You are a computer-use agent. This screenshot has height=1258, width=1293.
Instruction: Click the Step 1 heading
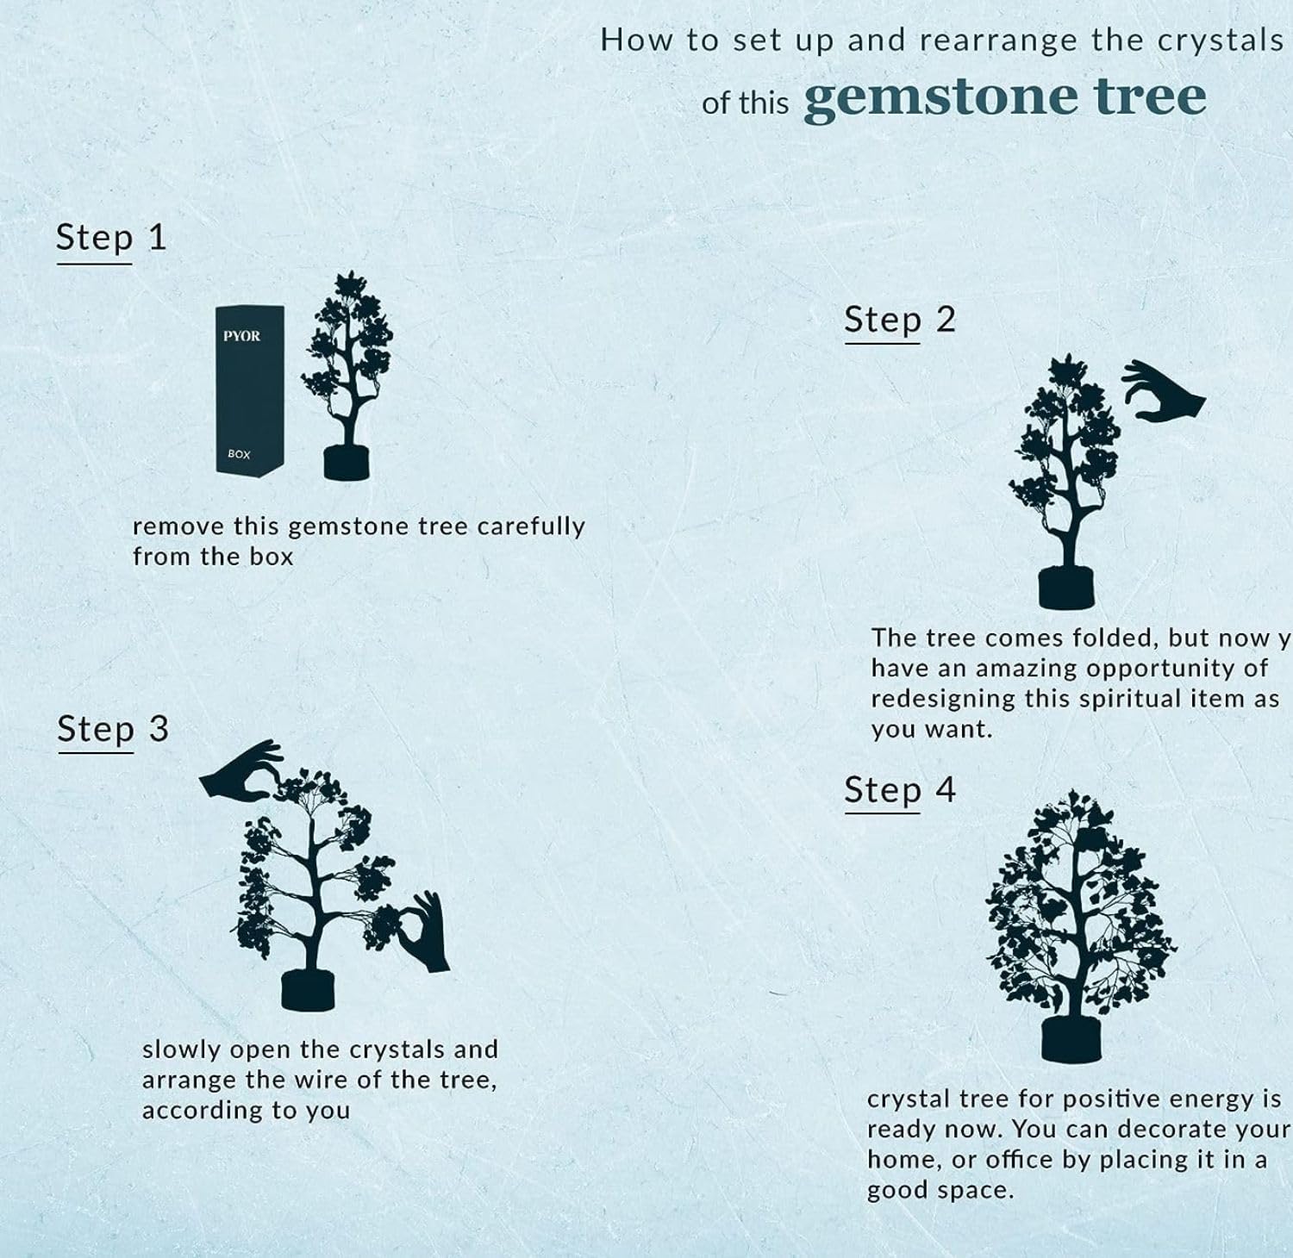pyautogui.click(x=111, y=238)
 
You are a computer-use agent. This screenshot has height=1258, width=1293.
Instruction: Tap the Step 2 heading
pyautogui.click(x=900, y=321)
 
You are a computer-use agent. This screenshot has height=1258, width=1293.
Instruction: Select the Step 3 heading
pyautogui.click(x=113, y=730)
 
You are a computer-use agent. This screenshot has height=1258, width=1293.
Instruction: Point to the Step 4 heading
pyautogui.click(x=900, y=790)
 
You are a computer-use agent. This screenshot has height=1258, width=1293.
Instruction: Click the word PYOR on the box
pyautogui.click(x=241, y=336)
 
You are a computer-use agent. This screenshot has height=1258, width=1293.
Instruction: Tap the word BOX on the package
pyautogui.click(x=239, y=454)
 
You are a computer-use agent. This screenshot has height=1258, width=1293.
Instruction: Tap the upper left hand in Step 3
pyautogui.click(x=240, y=770)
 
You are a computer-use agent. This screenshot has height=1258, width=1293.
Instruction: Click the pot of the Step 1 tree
pyautogui.click(x=347, y=463)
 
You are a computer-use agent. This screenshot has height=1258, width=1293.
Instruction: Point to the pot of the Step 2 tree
pyautogui.click(x=1066, y=588)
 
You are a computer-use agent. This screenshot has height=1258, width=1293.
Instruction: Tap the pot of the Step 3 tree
pyautogui.click(x=308, y=990)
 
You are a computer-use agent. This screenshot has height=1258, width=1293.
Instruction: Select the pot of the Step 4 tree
pyautogui.click(x=1072, y=1040)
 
